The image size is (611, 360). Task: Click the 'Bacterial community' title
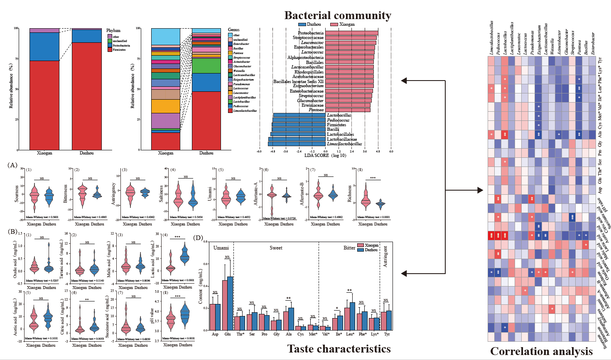(x=337, y=15)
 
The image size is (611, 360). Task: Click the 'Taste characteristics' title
(x=339, y=349)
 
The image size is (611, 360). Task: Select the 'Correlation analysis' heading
(x=541, y=351)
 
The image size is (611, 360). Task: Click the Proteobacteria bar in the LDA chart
(x=351, y=33)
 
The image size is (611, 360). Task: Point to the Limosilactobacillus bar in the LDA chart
(x=297, y=144)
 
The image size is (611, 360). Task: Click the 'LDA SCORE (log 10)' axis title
(x=325, y=155)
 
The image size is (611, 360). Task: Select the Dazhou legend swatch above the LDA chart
(x=302, y=24)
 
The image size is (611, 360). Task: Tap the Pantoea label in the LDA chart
(x=316, y=110)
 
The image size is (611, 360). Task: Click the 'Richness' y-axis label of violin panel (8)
(x=349, y=194)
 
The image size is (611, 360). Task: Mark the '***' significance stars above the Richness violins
(x=373, y=178)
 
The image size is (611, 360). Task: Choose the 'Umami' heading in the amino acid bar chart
(x=221, y=248)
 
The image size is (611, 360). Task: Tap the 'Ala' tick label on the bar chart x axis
(x=289, y=334)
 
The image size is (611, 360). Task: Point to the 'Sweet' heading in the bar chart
(x=276, y=248)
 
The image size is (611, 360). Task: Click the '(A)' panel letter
(x=12, y=165)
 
